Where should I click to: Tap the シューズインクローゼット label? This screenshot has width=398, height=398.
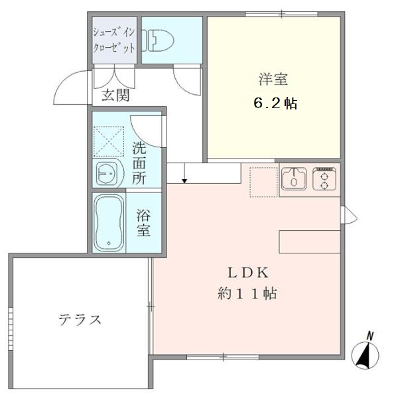(114, 40)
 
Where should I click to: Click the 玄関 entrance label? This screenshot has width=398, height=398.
(115, 96)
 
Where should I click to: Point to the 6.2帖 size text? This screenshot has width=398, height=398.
(274, 103)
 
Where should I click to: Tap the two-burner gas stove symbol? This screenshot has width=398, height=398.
(324, 178)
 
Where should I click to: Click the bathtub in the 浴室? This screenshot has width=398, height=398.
(109, 223)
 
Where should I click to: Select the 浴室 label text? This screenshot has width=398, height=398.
(143, 223)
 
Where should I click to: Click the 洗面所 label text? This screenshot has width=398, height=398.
(139, 163)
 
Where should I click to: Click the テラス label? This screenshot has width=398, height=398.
(80, 320)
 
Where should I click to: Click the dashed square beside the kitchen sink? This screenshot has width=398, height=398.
(263, 182)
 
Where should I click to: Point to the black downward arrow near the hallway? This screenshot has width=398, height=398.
(185, 178)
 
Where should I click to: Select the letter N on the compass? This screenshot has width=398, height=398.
(371, 335)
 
